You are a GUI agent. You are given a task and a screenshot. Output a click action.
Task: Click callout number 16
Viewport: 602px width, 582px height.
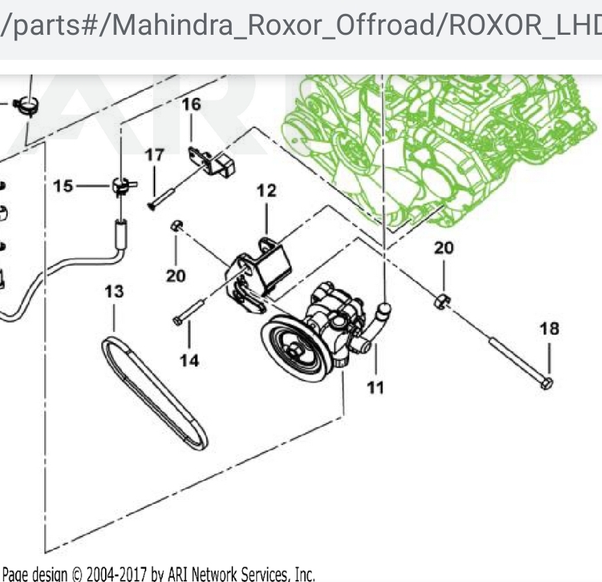click(191, 104)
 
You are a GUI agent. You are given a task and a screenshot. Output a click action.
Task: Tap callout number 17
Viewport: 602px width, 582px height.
click(155, 155)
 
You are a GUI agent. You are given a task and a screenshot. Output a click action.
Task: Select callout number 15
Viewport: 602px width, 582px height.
click(63, 187)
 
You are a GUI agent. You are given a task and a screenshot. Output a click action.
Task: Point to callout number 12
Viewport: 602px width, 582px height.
click(267, 190)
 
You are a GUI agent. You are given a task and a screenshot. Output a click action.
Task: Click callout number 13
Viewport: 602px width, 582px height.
click(114, 291)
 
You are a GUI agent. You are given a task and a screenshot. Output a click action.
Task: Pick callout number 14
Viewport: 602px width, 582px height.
click(189, 360)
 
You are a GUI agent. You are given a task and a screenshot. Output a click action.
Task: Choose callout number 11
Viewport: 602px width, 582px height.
click(375, 387)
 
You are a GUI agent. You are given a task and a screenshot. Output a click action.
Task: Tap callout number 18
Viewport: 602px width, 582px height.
click(549, 328)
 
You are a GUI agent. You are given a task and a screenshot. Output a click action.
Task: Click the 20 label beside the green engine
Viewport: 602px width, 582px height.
click(444, 248)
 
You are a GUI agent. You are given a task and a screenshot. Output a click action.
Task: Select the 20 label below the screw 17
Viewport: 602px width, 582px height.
click(175, 276)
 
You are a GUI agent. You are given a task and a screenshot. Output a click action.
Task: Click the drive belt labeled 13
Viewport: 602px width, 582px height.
click(157, 393)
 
